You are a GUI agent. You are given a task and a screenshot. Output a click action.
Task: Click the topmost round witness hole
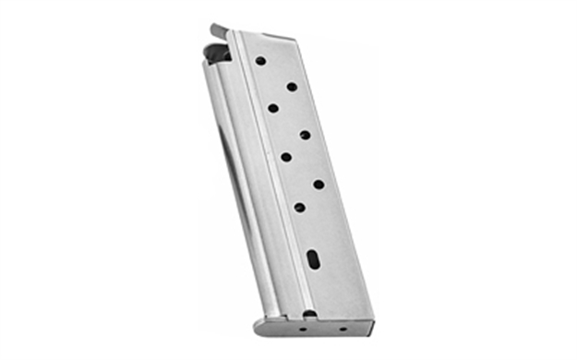click(x=260, y=60)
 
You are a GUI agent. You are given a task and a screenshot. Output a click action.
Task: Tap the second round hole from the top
click(x=292, y=87)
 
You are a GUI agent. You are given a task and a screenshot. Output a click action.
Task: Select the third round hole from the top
click(x=273, y=108)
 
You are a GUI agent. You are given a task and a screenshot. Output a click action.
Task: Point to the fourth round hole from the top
click(x=305, y=136)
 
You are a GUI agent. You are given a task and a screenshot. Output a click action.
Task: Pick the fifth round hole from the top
click(x=286, y=157)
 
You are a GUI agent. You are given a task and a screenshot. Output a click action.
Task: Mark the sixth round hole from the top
click(x=319, y=184)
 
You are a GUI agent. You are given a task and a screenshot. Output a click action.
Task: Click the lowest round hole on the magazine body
click(x=299, y=207)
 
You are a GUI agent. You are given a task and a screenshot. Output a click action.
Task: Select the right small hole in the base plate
click(x=342, y=327)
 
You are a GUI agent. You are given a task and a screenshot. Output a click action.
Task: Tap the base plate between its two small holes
click(x=323, y=327)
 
